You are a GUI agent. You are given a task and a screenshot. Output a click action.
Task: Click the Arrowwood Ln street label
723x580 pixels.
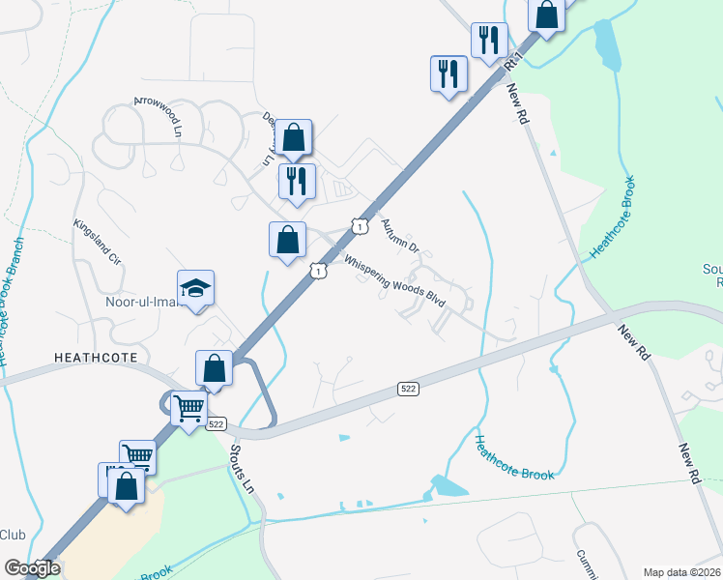[158, 116]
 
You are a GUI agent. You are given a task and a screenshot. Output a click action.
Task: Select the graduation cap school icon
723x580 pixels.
[195, 288]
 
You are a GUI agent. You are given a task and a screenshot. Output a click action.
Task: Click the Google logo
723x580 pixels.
[32, 567]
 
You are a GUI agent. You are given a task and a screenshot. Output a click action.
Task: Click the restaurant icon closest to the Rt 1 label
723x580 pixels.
[489, 40]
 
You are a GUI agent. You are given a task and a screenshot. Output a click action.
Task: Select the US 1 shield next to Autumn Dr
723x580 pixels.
[360, 225]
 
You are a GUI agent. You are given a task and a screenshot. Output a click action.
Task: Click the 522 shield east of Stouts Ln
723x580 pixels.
[409, 388]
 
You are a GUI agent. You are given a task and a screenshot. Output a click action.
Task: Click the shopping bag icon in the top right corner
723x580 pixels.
[546, 15]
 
